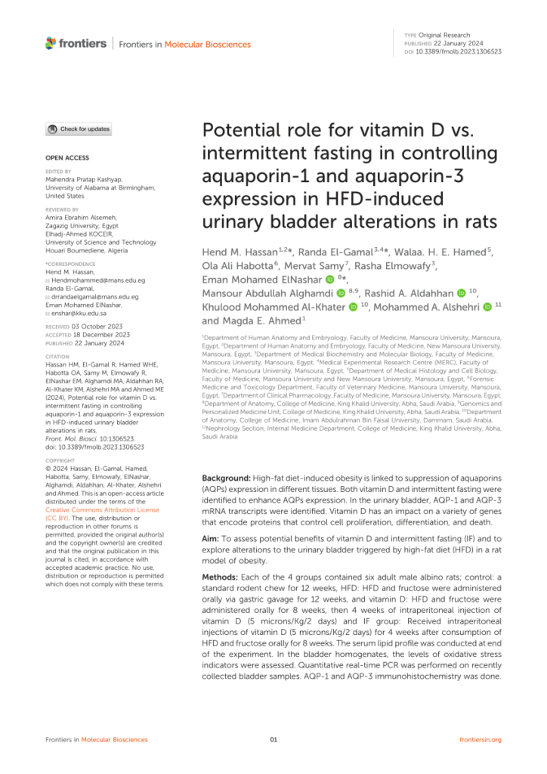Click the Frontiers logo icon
click(51, 43)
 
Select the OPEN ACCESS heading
click(67, 158)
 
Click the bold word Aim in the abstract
click(211, 539)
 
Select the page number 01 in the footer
click(273, 738)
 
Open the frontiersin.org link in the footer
click(481, 738)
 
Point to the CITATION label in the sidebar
click(58, 356)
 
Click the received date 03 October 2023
click(100, 327)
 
